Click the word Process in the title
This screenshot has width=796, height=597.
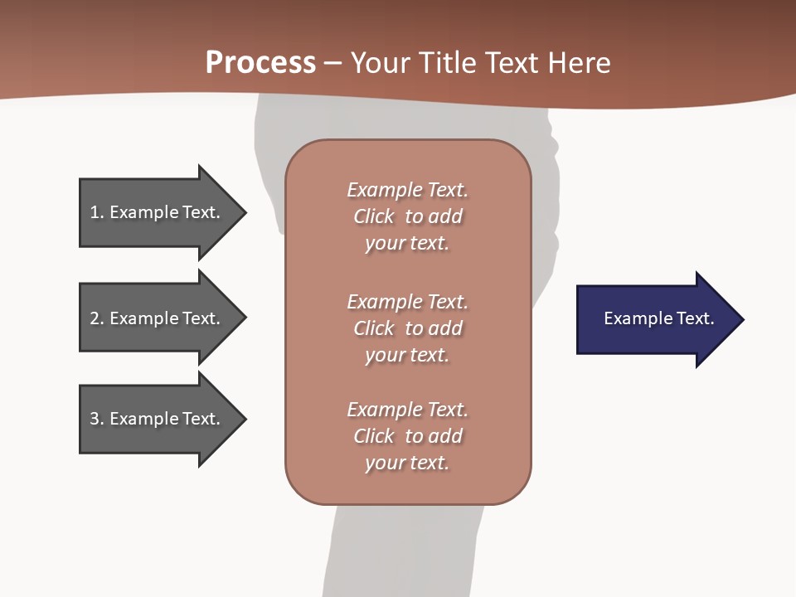click(260, 63)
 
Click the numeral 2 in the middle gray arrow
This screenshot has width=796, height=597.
click(95, 318)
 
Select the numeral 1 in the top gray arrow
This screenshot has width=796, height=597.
click(95, 212)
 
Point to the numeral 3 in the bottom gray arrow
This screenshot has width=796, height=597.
click(95, 419)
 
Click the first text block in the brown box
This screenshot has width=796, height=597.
click(407, 216)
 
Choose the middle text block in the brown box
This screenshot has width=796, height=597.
click(407, 328)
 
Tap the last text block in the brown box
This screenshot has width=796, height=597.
click(407, 436)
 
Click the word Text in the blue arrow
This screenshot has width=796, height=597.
click(695, 318)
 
